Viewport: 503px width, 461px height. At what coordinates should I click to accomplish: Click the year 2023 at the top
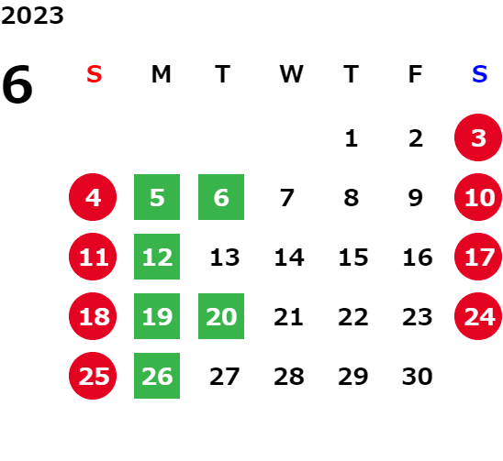pyautogui.click(x=32, y=16)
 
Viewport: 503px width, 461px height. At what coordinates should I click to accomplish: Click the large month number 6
pyautogui.click(x=17, y=84)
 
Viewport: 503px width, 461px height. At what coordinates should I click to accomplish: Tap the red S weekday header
pyautogui.click(x=94, y=74)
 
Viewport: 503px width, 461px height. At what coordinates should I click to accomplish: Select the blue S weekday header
pyautogui.click(x=479, y=74)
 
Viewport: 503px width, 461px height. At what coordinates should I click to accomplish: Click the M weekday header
pyautogui.click(x=161, y=74)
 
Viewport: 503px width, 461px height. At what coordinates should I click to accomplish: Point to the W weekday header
pyautogui.click(x=291, y=74)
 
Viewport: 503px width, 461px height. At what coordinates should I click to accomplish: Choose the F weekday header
pyautogui.click(x=416, y=74)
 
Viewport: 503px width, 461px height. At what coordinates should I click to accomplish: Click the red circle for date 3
pyautogui.click(x=478, y=137)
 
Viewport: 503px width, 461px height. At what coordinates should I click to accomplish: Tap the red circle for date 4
pyautogui.click(x=93, y=197)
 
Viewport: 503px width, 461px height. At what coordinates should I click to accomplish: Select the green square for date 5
pyautogui.click(x=157, y=197)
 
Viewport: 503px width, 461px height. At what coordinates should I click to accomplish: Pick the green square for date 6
pyautogui.click(x=221, y=197)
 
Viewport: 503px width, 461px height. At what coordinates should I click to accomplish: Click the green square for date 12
pyautogui.click(x=157, y=257)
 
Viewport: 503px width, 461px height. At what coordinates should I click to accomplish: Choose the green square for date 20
pyautogui.click(x=221, y=316)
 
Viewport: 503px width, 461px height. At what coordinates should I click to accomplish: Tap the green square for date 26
pyautogui.click(x=157, y=376)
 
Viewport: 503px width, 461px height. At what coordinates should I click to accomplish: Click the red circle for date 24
pyautogui.click(x=478, y=316)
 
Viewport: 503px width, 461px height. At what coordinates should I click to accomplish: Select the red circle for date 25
pyautogui.click(x=93, y=376)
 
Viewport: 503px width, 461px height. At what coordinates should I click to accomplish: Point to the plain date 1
pyautogui.click(x=352, y=138)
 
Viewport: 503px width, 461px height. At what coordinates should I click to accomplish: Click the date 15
pyautogui.click(x=353, y=258)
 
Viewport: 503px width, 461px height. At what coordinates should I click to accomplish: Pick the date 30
pyautogui.click(x=418, y=377)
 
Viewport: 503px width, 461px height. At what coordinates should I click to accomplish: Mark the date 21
pyautogui.click(x=288, y=317)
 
